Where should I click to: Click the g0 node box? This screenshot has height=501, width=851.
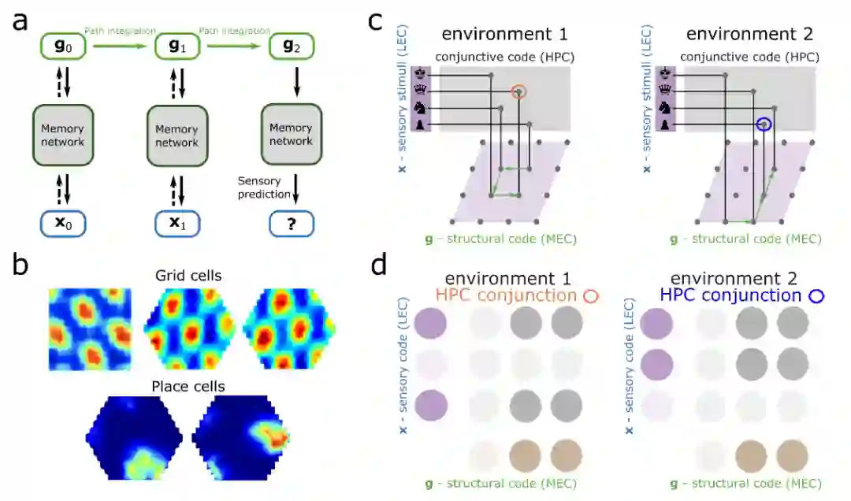pos(61,46)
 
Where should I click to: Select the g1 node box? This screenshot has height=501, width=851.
pos(177,46)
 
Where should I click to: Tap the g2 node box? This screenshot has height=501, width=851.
pos(291,46)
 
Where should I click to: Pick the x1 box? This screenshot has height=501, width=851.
pos(177,223)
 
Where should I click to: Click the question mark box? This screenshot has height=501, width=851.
pos(291,223)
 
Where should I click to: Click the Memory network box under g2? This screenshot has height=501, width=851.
pos(291,135)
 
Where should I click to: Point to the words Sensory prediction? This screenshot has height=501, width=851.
pos(259,187)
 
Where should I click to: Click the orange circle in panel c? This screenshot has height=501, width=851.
pos(518,93)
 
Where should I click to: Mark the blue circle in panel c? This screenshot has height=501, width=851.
pos(763,124)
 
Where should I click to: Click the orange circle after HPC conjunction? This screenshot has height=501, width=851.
pos(590,297)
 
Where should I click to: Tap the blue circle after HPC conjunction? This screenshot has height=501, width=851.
pos(816,297)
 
